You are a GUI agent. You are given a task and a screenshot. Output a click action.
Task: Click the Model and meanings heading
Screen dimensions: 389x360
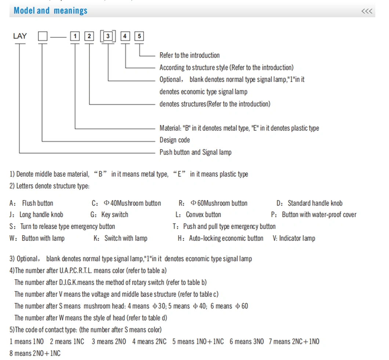pos(50,10)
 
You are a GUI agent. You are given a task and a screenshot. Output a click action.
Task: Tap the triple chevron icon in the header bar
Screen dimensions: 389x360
pos(367,11)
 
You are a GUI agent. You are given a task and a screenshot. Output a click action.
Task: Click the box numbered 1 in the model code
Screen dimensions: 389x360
pos(75,36)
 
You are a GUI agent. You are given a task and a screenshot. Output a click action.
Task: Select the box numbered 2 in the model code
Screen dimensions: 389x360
pos(89,36)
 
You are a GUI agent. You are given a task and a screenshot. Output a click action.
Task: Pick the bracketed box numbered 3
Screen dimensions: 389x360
pos(108,36)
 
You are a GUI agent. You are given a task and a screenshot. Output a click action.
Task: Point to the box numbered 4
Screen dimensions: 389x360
pos(125,36)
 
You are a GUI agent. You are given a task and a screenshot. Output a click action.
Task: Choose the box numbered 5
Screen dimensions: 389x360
pos(139,36)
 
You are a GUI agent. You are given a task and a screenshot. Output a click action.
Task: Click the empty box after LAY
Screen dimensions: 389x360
pos(43,36)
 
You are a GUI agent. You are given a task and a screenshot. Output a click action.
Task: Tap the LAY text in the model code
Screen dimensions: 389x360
pos(20,36)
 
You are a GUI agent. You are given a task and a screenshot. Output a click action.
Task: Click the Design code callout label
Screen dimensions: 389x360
pos(175,140)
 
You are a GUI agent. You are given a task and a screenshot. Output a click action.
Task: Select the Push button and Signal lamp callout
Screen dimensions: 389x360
pos(196,152)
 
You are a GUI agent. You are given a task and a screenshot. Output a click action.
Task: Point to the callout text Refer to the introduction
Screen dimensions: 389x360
pos(189,55)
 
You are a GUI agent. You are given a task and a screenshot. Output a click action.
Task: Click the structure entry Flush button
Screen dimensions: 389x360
pos(37,204)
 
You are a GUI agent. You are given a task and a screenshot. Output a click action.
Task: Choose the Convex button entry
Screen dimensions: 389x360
pos(203,215)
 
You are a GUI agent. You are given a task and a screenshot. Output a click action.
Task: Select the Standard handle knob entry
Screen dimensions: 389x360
pos(315,204)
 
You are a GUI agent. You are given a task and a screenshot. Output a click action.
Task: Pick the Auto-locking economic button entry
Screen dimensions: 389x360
pos(226,238)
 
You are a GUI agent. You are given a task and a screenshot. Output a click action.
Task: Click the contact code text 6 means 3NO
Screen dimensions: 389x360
pos(247,342)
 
